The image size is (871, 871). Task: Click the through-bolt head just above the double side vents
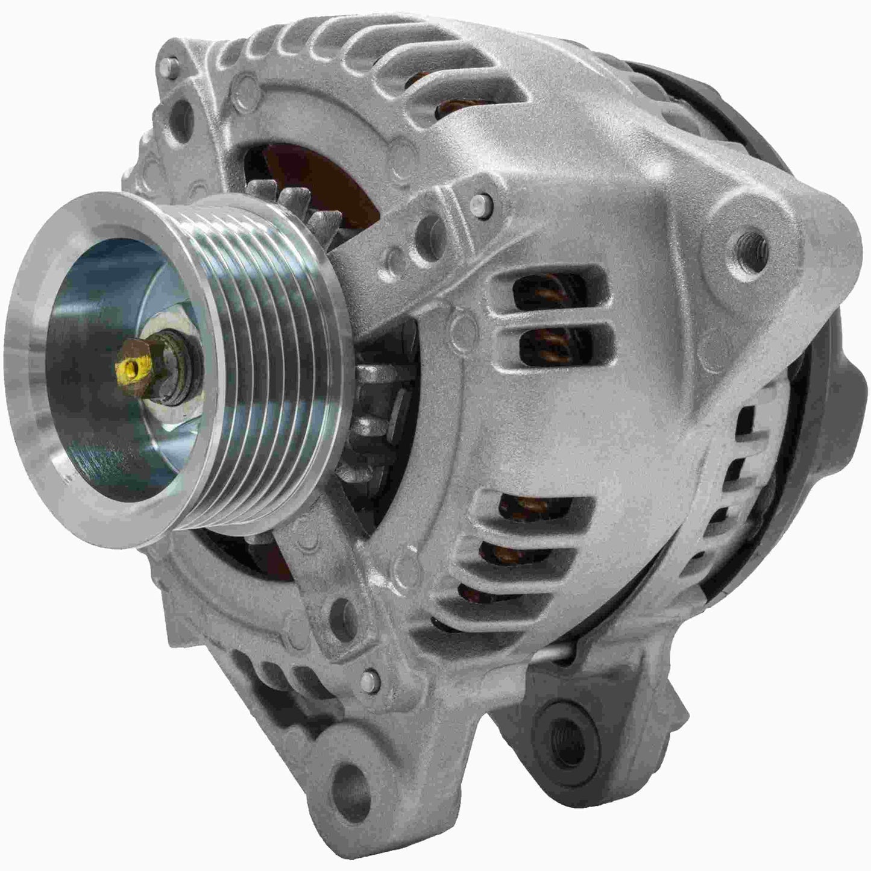480,201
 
